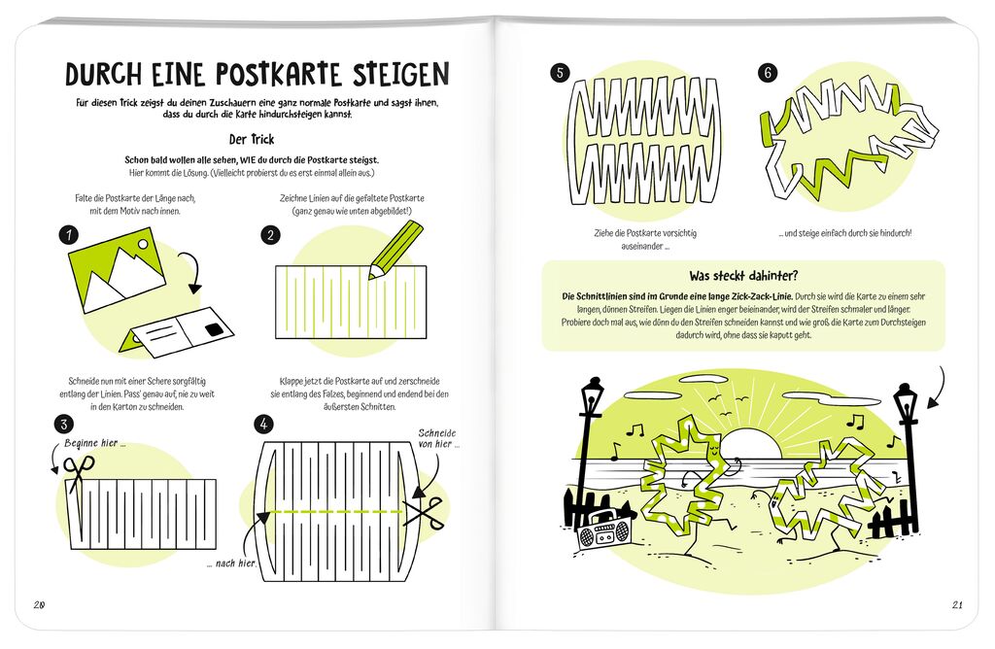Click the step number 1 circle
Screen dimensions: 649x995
(68, 235)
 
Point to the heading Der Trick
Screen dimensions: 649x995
(251, 139)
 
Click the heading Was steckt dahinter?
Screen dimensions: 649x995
(742, 275)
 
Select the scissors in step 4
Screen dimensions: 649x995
(424, 510)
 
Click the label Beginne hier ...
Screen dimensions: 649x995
(95, 443)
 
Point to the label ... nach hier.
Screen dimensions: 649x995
(229, 564)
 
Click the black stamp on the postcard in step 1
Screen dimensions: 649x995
(211, 332)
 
